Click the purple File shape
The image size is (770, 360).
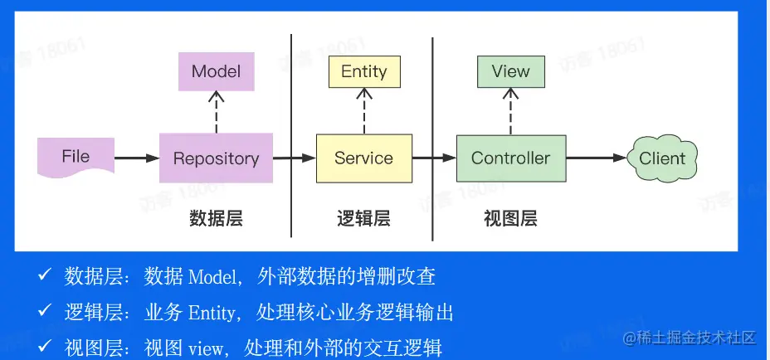tap(76, 157)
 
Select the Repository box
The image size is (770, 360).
tap(216, 158)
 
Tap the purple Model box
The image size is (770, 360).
tap(216, 71)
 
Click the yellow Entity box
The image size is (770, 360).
tap(364, 71)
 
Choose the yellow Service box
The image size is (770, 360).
tap(363, 158)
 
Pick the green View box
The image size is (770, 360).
tap(511, 71)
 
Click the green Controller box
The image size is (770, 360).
tap(510, 158)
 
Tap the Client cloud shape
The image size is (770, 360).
tap(662, 158)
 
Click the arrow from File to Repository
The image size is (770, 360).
tap(136, 158)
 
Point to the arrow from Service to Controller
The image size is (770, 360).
tap(434, 158)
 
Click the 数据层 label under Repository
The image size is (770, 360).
tap(216, 218)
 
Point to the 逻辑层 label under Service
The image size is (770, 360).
tap(363, 218)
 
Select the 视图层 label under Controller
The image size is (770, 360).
tap(510, 218)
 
